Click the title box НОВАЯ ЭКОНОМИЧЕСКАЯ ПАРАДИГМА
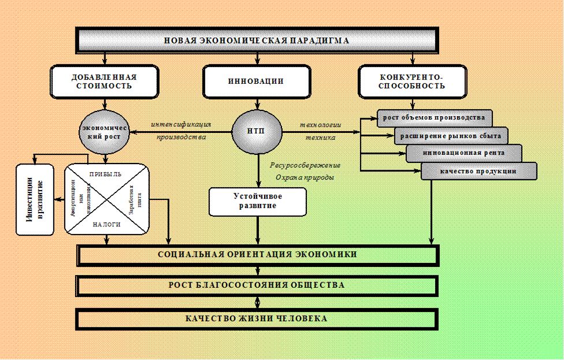(x=257, y=40)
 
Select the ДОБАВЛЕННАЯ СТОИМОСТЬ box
(x=104, y=81)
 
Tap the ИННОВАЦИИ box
(x=255, y=81)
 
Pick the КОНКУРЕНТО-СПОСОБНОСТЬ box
(x=412, y=81)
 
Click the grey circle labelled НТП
(x=257, y=131)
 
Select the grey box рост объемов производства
(x=434, y=118)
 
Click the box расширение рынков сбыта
(x=451, y=136)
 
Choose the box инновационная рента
(x=463, y=154)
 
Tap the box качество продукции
(x=478, y=171)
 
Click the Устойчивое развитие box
(x=257, y=201)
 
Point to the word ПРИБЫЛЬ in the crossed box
(x=106, y=174)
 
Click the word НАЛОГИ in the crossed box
(x=106, y=225)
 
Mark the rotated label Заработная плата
(x=135, y=200)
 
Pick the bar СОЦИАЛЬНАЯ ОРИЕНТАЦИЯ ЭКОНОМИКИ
(x=257, y=254)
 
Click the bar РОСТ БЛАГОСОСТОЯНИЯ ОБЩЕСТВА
(x=257, y=285)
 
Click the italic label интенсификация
(x=181, y=124)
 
